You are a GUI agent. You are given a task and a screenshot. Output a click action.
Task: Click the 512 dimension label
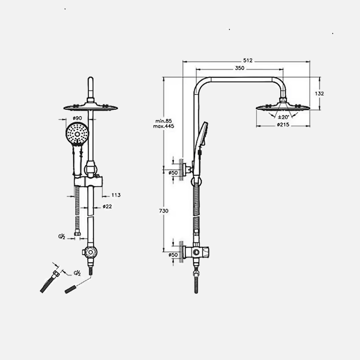coord(247,61)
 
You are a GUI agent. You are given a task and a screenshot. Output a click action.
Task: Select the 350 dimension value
coord(239,68)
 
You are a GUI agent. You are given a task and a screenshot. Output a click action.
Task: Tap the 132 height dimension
coord(320,93)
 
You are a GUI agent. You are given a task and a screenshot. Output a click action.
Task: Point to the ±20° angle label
coord(283,117)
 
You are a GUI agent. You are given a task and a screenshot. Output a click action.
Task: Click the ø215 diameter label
coord(283,125)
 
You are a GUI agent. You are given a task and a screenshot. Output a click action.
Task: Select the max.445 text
coord(164,126)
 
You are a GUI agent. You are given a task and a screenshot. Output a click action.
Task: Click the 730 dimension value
coord(164,211)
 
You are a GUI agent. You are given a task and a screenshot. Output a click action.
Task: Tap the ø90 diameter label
coord(77,118)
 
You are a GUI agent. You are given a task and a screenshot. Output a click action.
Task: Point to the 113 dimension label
coord(116,195)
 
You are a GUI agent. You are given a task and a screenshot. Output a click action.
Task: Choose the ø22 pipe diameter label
coord(107,206)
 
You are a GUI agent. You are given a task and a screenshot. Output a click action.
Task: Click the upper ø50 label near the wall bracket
coord(173,172)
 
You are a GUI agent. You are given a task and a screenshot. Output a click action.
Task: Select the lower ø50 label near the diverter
coord(173,255)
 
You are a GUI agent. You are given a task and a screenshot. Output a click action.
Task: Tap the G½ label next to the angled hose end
coord(77,273)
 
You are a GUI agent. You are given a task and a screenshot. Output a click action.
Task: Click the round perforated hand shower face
coord(77,134)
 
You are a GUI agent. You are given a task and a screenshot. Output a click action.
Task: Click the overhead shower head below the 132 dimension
coord(283,107)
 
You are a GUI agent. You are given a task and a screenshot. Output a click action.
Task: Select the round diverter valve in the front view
coord(90,252)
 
